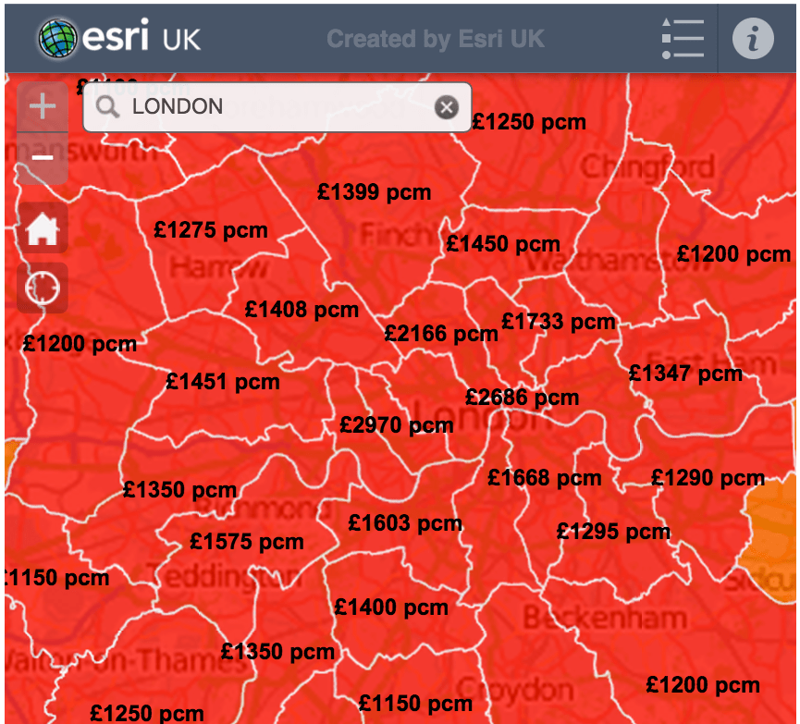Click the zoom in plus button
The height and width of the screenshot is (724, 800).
[x=43, y=106]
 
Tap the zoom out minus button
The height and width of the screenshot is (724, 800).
[x=43, y=157]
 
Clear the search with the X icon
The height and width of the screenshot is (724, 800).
[x=447, y=107]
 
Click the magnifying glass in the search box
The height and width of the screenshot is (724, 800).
[x=108, y=107]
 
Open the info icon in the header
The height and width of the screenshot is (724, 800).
[x=753, y=39]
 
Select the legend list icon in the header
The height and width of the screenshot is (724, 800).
[x=683, y=39]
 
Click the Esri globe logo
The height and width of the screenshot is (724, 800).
[x=58, y=39]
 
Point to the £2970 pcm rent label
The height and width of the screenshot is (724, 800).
[x=396, y=425]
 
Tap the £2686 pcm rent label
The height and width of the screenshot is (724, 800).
[x=522, y=398]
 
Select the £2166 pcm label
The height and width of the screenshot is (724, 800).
[x=441, y=334]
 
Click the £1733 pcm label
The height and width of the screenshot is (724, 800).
[x=558, y=322]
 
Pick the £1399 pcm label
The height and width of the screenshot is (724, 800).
[x=374, y=192]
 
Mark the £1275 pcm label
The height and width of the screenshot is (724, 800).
[x=211, y=231]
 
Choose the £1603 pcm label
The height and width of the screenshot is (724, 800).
[x=405, y=523]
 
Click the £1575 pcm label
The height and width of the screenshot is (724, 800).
[x=246, y=542]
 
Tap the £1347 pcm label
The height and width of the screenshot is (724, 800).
[x=685, y=374]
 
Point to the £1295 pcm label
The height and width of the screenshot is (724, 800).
[x=613, y=532]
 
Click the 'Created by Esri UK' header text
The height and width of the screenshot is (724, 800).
[x=436, y=39]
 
